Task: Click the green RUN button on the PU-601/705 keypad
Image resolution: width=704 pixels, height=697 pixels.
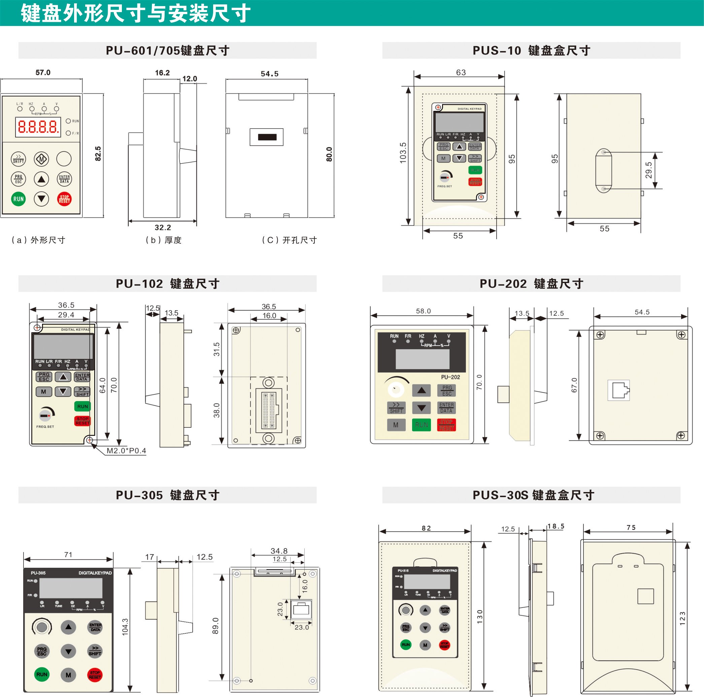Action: [x=19, y=199]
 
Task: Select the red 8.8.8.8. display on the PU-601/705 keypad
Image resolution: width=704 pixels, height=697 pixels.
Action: [x=37, y=127]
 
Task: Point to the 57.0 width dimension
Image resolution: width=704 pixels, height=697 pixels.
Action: [x=43, y=72]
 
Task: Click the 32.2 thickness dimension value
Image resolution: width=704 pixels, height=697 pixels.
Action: [x=163, y=228]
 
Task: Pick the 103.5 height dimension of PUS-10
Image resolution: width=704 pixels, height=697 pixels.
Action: [x=403, y=152]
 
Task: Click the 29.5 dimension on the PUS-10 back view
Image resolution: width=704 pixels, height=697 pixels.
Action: [x=648, y=170]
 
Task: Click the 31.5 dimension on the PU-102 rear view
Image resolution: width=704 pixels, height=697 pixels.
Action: [x=217, y=349]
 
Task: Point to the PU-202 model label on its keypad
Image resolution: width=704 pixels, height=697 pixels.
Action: [x=450, y=377]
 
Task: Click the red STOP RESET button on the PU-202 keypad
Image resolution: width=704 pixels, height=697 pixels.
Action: [x=446, y=425]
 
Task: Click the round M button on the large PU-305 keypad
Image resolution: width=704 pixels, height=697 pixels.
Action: [x=68, y=675]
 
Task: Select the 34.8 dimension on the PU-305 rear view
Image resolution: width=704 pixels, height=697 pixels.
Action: [x=279, y=551]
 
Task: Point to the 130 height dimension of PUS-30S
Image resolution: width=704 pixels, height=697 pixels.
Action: [x=479, y=617]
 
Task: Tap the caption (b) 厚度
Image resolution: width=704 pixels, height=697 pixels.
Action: [x=164, y=240]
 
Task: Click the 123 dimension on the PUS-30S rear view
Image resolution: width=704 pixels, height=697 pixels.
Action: [x=682, y=618]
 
